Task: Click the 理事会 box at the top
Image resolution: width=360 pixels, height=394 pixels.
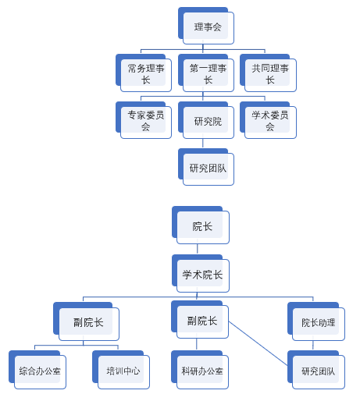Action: (x=206, y=26)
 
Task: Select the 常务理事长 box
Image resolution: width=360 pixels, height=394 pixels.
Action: (x=144, y=73)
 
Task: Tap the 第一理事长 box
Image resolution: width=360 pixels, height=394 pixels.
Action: (x=206, y=73)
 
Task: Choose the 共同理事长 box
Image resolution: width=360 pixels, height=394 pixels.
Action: (x=268, y=73)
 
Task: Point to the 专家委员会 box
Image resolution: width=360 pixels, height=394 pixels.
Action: (x=144, y=120)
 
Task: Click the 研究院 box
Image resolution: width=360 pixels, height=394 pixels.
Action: (x=206, y=120)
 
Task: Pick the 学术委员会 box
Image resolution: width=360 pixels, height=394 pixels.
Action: (x=268, y=120)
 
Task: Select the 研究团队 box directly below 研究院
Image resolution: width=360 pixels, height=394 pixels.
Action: (x=206, y=167)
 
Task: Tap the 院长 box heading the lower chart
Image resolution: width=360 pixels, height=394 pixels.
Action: (x=201, y=225)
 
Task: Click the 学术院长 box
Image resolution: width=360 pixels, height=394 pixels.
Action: (x=201, y=274)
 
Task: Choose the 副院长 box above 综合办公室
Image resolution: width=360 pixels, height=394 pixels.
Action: (x=87, y=321)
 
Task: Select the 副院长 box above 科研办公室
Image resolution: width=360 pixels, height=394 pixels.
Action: (x=200, y=320)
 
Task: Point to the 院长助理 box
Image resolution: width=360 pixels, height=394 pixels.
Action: (x=316, y=321)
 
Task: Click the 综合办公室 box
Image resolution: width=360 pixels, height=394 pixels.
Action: (x=37, y=370)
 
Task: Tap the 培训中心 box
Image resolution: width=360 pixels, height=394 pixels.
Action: (x=121, y=370)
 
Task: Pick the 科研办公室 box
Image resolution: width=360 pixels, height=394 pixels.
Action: (x=200, y=370)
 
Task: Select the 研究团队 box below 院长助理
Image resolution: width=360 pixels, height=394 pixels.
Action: (x=316, y=370)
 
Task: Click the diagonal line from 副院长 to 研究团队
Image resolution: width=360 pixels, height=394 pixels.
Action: (x=258, y=344)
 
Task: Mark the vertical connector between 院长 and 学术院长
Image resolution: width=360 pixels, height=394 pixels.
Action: (x=198, y=249)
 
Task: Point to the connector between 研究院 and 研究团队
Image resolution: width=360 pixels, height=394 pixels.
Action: (x=203, y=144)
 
